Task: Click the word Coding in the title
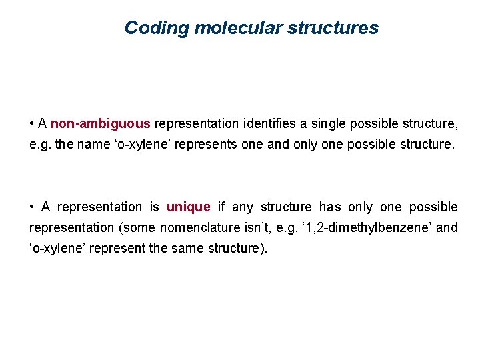tap(149, 28)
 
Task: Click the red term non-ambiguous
tap(101, 123)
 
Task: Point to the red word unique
tap(188, 207)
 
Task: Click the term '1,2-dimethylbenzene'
tap(377, 227)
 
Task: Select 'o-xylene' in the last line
tap(55, 248)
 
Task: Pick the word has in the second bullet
tap(331, 207)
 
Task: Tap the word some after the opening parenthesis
tap(137, 227)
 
